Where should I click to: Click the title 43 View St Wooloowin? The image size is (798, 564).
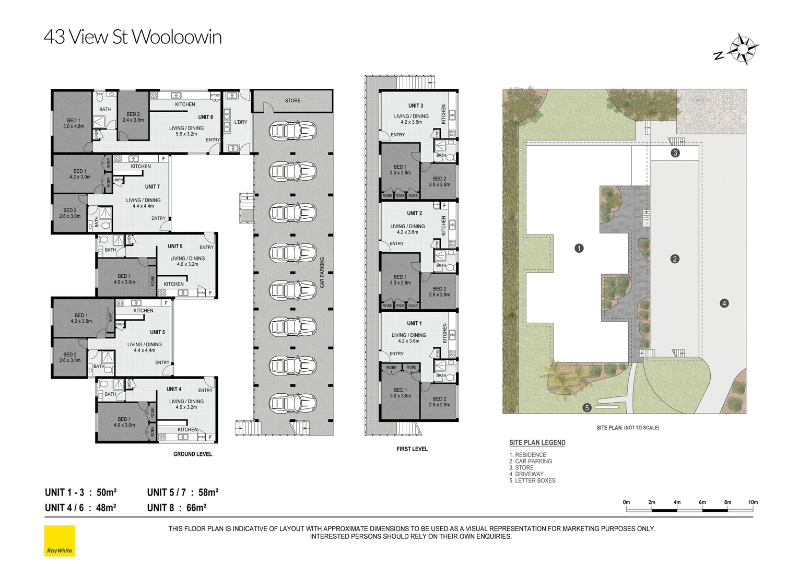click(x=133, y=37)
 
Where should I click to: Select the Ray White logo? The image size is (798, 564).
click(x=60, y=540)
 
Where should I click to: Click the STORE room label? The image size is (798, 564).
click(x=292, y=101)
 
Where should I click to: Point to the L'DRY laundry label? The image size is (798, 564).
click(x=241, y=122)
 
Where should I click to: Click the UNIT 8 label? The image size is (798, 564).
click(x=205, y=118)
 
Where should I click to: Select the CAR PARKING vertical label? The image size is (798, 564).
click(x=322, y=272)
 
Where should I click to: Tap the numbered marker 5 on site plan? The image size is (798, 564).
click(x=587, y=408)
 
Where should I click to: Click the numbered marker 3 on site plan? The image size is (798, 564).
click(x=675, y=153)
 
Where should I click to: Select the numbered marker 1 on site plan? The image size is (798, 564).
click(x=579, y=249)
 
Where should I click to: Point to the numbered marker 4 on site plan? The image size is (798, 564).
click(x=724, y=303)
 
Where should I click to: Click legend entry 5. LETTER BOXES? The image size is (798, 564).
click(x=532, y=480)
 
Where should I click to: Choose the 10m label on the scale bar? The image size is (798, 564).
click(x=753, y=502)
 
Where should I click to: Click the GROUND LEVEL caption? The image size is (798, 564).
click(x=193, y=454)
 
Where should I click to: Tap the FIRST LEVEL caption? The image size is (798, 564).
click(x=412, y=449)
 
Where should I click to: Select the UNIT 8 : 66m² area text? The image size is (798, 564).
click(x=177, y=508)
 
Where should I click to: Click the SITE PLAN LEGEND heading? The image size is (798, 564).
click(x=537, y=443)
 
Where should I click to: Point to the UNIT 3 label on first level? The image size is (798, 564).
click(x=416, y=106)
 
